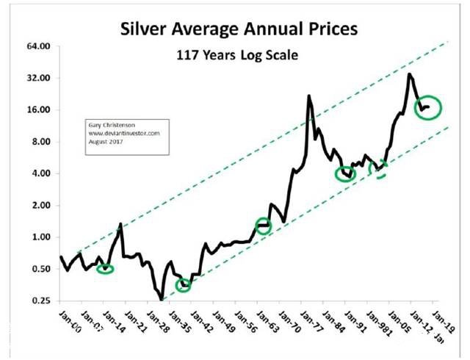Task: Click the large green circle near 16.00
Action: pos(427,107)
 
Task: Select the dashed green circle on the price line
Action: pos(380,170)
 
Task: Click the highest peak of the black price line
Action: pos(408,73)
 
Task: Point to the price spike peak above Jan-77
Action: pos(309,96)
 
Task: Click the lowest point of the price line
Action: pos(161,298)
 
